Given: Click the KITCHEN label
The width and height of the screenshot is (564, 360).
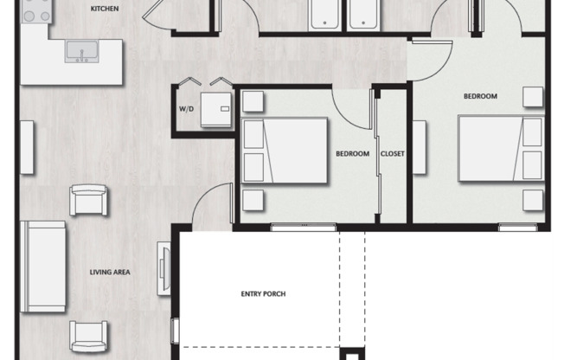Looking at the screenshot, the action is click(105, 9).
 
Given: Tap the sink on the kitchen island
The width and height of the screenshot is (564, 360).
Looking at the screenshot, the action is click(81, 51).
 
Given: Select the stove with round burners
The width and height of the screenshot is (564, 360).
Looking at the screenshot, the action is click(36, 11).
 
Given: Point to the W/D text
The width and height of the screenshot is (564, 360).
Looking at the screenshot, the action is click(186, 109).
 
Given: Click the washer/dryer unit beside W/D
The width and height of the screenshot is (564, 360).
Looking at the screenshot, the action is click(215, 110).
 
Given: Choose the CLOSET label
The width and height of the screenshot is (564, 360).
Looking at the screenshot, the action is click(393, 154).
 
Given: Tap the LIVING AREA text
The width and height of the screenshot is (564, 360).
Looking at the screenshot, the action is click(110, 272).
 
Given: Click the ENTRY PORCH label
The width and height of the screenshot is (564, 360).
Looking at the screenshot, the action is click(263, 294).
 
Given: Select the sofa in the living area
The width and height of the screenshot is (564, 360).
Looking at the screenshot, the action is click(42, 267).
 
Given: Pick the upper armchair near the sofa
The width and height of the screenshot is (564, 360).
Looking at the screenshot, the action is click(88, 200).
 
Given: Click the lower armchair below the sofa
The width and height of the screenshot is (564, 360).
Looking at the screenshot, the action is click(88, 337).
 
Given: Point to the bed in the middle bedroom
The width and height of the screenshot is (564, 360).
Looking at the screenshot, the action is click(284, 151).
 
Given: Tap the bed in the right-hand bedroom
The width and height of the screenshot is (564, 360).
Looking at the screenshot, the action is click(501, 148).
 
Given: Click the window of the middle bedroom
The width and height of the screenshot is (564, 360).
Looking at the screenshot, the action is click(304, 227).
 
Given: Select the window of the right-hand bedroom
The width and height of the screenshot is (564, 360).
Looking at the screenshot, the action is click(518, 227).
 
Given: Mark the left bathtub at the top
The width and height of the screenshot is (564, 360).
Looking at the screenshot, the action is click(324, 15).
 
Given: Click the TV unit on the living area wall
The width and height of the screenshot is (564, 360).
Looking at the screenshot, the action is click(164, 268).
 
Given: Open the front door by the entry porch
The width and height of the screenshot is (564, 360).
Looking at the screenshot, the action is click(213, 206).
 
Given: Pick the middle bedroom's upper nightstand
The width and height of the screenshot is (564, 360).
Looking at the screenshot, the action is click(253, 101).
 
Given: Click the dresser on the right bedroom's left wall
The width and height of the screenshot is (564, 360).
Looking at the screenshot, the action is click(420, 148).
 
